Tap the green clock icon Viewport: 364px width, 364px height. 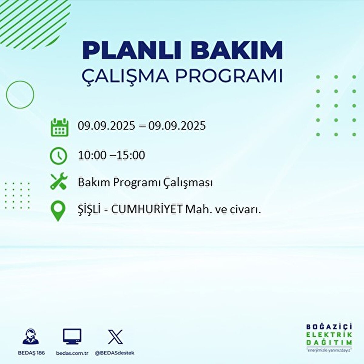58,156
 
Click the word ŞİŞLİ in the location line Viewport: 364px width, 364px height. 89,209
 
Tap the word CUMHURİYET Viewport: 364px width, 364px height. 147,209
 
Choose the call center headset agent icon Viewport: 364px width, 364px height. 31,337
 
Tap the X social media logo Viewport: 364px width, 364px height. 115,337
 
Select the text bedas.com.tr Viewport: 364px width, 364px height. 72,353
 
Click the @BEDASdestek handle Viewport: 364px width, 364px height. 115,353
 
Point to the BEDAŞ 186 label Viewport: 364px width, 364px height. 31,353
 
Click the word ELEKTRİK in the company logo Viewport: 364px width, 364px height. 329,335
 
